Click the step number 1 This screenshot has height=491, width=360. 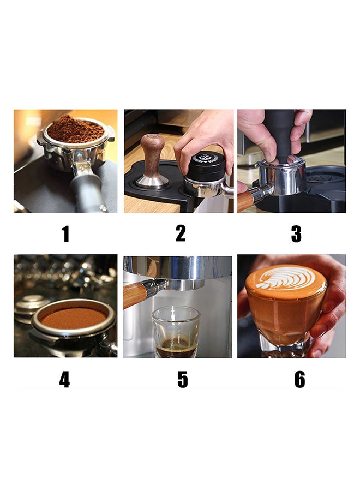pos(65,234)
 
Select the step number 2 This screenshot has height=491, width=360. pos(181,233)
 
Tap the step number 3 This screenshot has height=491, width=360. pos(296,234)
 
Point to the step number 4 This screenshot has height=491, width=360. pos(64,380)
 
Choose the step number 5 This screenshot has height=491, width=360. pos(183,380)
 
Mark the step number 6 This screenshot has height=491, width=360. pos(299,380)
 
